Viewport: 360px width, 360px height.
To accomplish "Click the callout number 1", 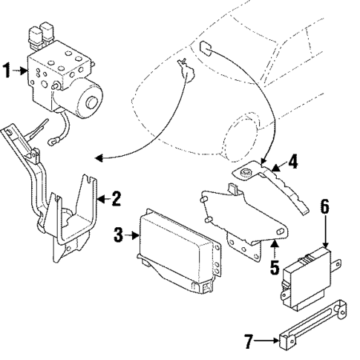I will [7, 72].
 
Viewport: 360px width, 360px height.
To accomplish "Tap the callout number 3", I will [118, 236].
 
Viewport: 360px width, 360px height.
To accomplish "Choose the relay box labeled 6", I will [304, 278].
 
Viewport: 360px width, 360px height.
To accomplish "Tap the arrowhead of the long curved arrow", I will [97, 157].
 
